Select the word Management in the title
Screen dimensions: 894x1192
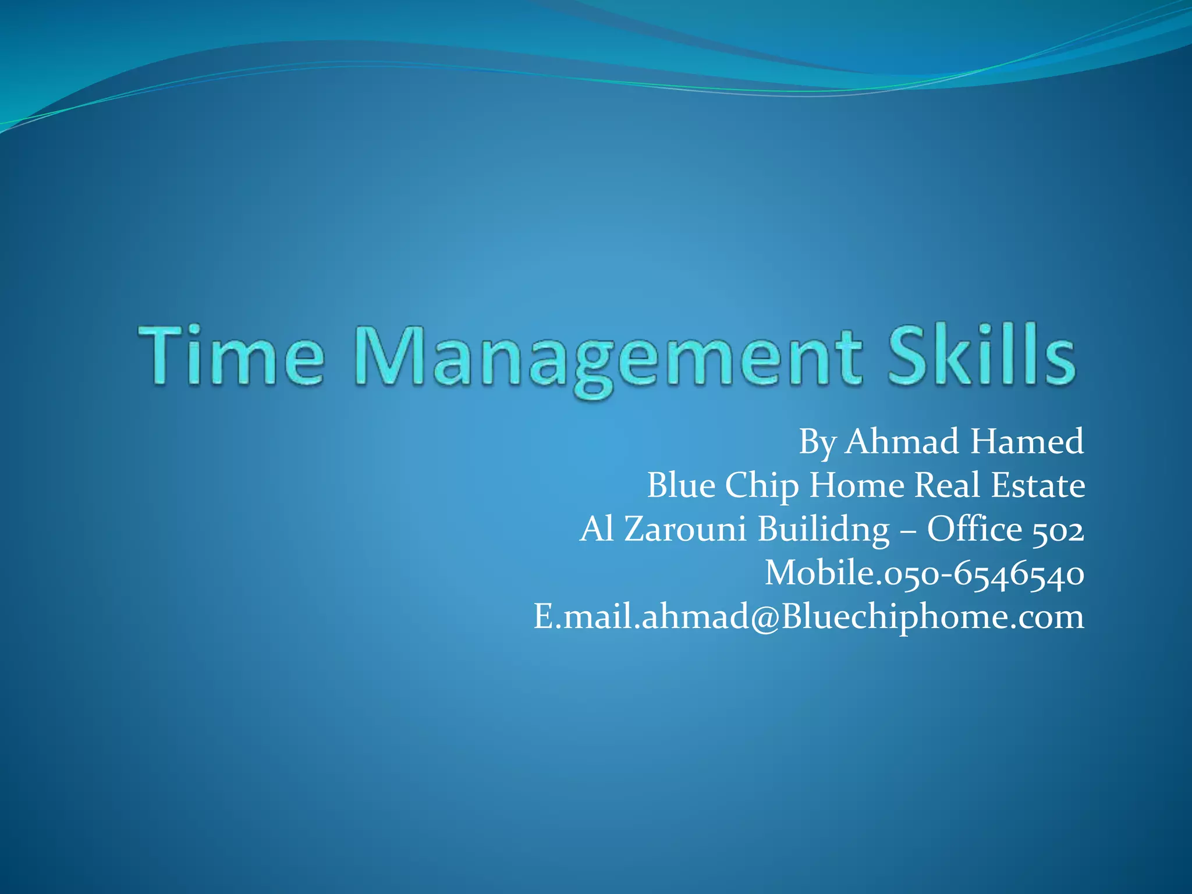[608, 358]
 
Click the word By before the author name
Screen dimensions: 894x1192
[817, 442]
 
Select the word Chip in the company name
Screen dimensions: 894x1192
[762, 486]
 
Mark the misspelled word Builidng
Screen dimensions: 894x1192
[824, 530]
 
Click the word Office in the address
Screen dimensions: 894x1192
[974, 529]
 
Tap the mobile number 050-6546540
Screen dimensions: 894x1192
[984, 573]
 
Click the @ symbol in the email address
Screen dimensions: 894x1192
[765, 618]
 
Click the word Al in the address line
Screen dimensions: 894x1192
[597, 529]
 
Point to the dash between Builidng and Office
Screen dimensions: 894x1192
[909, 531]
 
